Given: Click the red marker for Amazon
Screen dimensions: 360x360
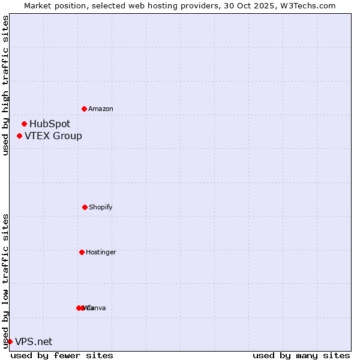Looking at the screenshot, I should pos(84,109).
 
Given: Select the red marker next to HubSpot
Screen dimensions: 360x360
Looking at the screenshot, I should pos(24,124).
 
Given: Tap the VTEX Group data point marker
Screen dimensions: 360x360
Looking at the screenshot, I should pos(19,136).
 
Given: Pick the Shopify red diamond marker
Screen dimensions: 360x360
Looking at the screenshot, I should pos(85,207).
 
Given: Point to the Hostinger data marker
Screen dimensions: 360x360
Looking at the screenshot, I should pos(82,252).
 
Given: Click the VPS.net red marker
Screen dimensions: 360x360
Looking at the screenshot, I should pos(10,341).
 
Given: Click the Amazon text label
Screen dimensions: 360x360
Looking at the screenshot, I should pos(100,109).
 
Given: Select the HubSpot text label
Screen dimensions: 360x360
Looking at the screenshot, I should pos(50,124).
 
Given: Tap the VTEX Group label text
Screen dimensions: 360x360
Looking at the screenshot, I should pos(53,136).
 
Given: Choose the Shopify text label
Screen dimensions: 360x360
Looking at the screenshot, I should pos(100,207).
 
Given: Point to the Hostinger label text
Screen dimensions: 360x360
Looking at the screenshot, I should pos(101,252).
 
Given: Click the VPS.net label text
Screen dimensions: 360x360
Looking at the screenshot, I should pos(34,341).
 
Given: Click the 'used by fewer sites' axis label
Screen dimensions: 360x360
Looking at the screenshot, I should pos(62,355).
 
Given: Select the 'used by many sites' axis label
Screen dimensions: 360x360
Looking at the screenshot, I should pos(301,355).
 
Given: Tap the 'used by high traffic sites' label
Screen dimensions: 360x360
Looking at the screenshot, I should pos(5,85).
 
